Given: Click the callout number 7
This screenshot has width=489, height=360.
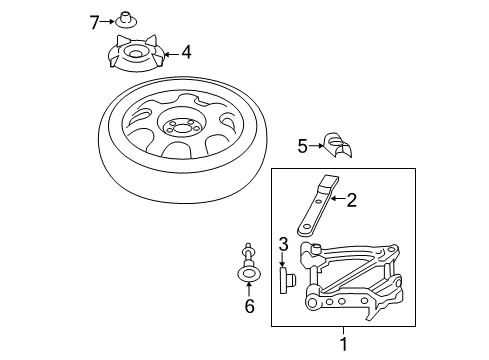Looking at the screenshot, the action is pos(95,23).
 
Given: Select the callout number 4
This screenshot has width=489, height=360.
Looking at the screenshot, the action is pos(186,52).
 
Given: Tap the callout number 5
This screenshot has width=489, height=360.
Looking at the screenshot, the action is pos(302,146).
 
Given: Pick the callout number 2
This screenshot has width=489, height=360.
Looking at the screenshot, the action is pos(352,200).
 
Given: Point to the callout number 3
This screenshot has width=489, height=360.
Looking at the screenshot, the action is pos(283,244).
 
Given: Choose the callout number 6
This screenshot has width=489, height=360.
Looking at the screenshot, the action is pos(250,306).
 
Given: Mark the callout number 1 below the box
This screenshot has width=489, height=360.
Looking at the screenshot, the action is pos(343,344).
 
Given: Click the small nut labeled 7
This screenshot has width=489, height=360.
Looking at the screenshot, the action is pos(126,20).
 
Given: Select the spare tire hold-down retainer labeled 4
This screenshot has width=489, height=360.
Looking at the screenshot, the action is pos(136,53).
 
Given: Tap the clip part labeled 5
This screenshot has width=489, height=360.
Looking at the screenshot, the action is pos(338,144).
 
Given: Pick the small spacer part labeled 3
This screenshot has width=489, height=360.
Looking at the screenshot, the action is pos(287,280).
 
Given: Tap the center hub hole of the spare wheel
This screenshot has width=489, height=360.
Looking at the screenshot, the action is pos(181,128).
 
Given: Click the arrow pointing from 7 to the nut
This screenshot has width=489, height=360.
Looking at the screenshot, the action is pos(107,22).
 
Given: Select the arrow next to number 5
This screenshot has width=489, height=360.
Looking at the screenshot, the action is pos(316,145).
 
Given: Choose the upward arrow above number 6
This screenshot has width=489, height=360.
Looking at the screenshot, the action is pos(249,288).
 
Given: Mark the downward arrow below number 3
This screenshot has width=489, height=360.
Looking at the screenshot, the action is pos(282,260).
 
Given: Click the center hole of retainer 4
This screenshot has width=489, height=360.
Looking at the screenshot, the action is pos(135,53).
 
